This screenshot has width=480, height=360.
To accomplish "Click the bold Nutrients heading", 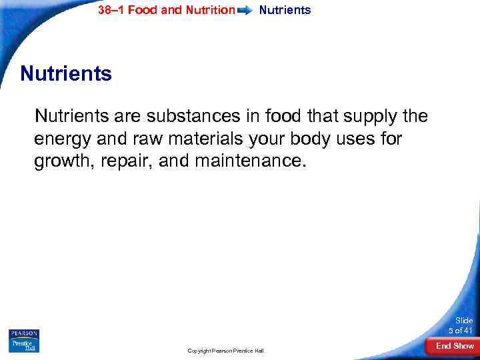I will pos(66,73).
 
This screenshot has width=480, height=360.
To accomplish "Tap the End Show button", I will pos(455,345).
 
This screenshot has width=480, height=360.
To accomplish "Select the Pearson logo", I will pos(25,333).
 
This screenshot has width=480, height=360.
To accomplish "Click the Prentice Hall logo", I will pos(25,345).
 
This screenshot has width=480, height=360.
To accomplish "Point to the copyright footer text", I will pos(225,350).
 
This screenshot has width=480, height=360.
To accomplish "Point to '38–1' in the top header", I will pos(111,10).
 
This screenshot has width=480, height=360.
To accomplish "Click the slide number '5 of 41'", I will pos(461,330).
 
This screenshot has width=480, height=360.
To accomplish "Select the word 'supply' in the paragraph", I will pos(372,117).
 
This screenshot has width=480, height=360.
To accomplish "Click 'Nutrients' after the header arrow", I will pos(285,10).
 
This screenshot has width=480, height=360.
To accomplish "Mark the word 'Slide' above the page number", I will pos(463,320).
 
